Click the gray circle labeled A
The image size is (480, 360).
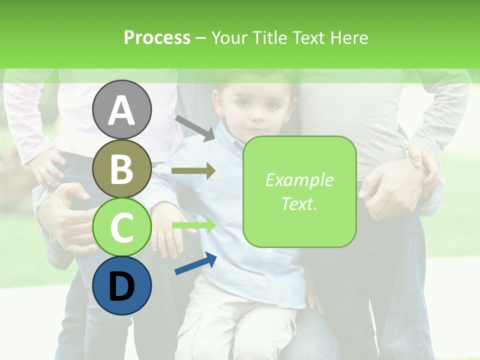click(x=121, y=109)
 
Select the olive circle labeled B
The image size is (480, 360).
click(x=121, y=168)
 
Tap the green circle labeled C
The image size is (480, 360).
click(x=121, y=227)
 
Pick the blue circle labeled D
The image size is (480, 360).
click(x=121, y=285)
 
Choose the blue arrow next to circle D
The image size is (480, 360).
click(x=195, y=263)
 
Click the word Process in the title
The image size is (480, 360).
click(x=157, y=37)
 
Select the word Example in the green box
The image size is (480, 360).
click(x=299, y=180)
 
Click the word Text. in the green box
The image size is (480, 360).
click(x=299, y=203)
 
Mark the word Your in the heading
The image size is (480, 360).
click(x=229, y=37)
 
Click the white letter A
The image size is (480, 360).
click(x=121, y=110)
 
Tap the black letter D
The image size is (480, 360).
click(x=121, y=286)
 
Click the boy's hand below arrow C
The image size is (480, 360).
click(x=168, y=235)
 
